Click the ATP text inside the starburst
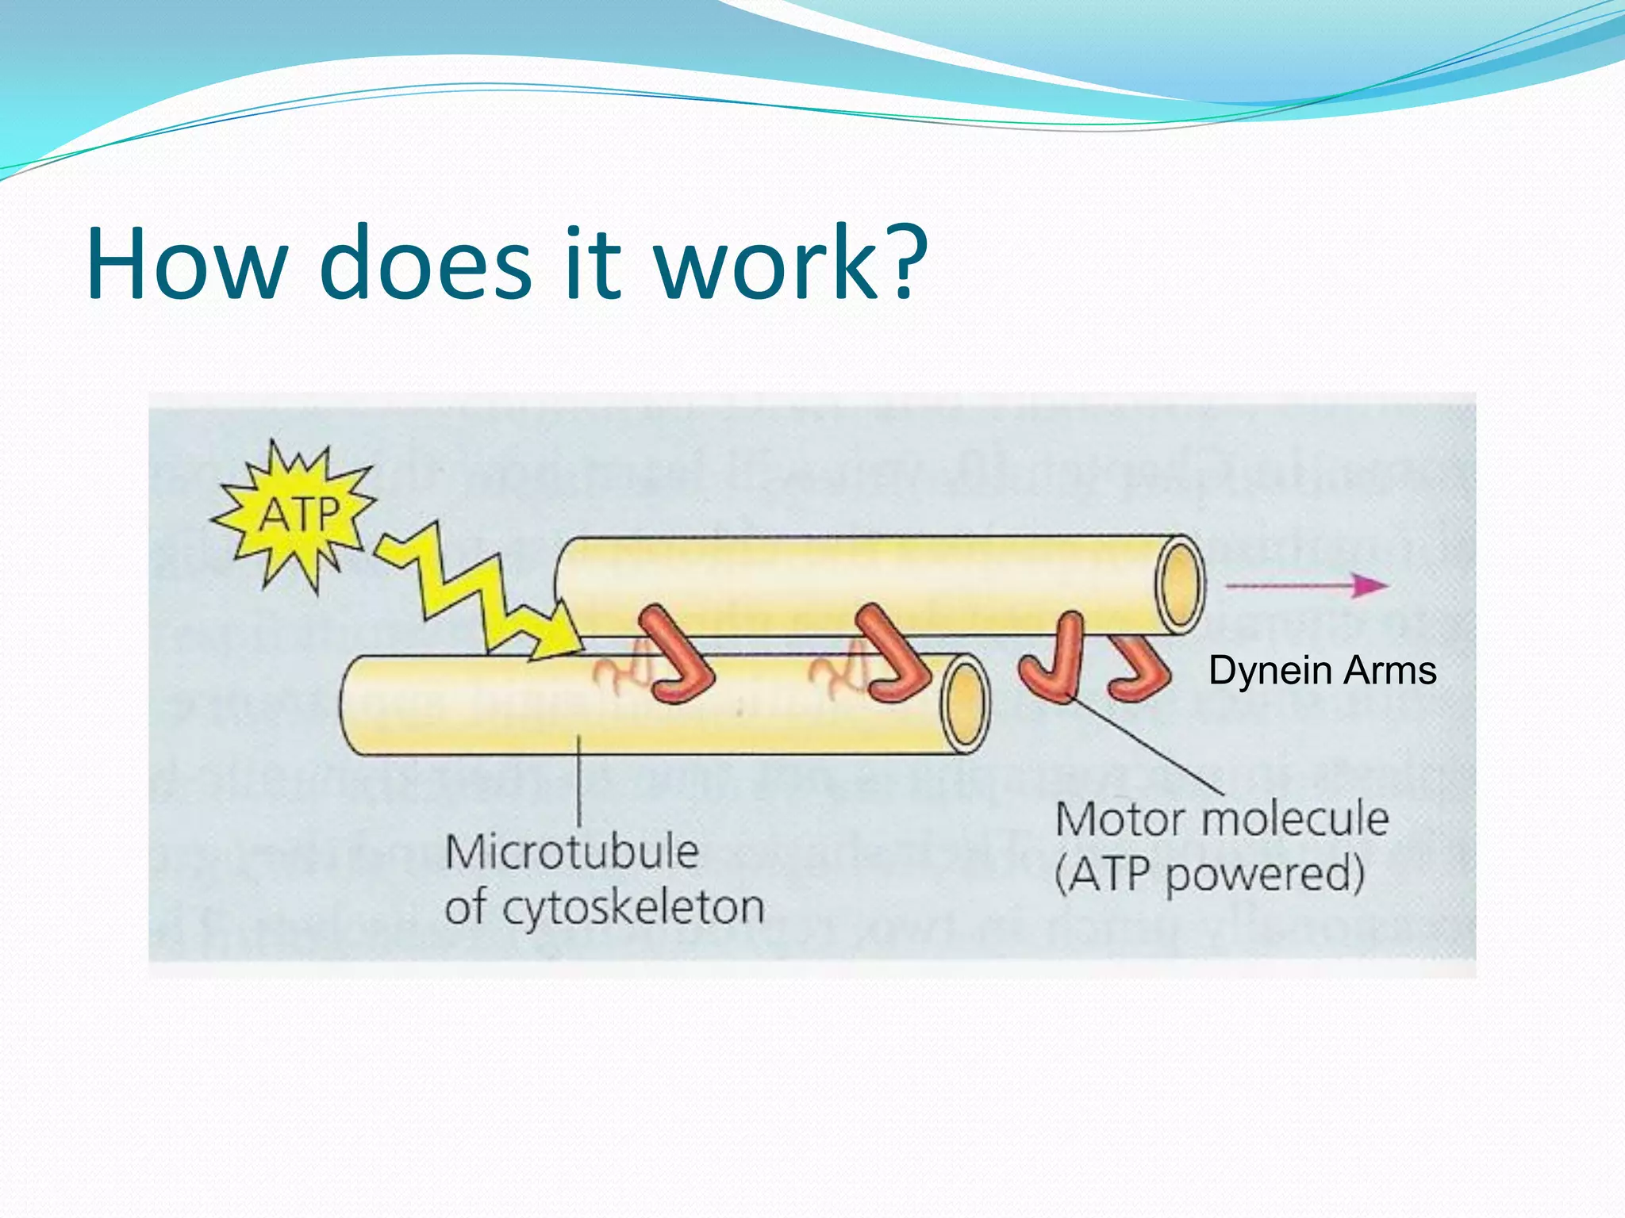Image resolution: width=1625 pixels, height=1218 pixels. click(x=299, y=515)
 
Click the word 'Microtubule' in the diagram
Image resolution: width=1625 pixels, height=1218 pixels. click(x=571, y=852)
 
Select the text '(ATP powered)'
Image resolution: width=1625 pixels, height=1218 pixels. click(x=1209, y=875)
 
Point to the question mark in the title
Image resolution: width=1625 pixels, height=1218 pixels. click(x=905, y=262)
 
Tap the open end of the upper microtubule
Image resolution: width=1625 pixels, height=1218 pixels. click(x=1180, y=584)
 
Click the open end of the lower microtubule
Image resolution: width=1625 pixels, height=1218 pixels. click(x=965, y=704)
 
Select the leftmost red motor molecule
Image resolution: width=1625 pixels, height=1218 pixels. click(x=675, y=655)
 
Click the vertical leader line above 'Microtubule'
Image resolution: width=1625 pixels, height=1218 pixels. click(x=578, y=781)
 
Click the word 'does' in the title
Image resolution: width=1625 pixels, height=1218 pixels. click(x=424, y=263)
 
